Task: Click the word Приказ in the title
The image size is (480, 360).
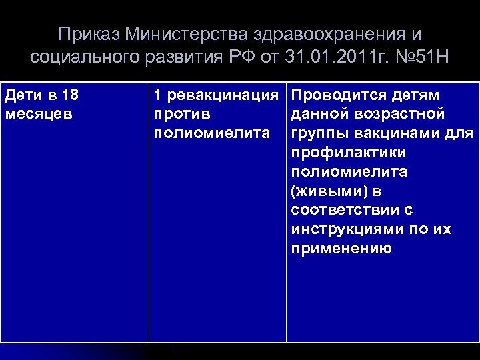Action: click(83, 34)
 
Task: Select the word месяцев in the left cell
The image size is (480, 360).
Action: click(35, 113)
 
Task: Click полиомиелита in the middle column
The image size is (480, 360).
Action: click(212, 133)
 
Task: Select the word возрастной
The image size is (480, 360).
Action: click(397, 113)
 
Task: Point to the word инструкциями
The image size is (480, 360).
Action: click(347, 229)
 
